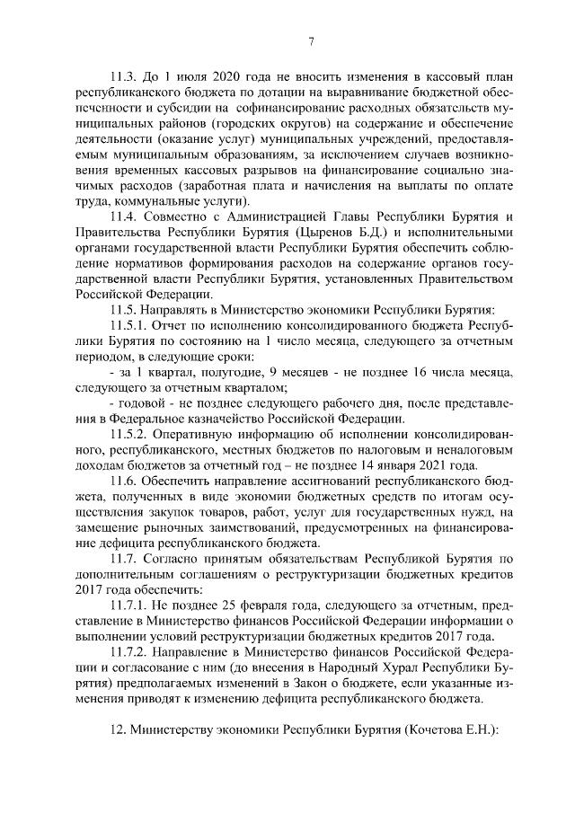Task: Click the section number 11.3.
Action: click(123, 76)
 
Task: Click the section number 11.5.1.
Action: click(128, 324)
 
